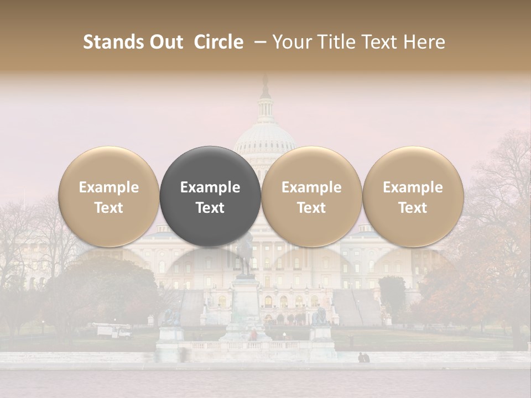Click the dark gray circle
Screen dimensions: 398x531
pos(210,196)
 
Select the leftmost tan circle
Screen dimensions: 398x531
pos(109,196)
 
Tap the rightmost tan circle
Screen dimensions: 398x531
pos(413,196)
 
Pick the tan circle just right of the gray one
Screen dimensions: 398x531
pos(311,196)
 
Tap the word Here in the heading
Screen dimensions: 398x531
pos(426,42)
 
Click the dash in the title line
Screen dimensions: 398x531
pos(258,42)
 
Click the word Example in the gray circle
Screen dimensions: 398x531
pos(210,187)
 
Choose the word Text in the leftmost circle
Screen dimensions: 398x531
pos(109,208)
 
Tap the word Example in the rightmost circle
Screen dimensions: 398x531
pos(413,187)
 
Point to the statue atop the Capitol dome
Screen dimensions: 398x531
pos(265,86)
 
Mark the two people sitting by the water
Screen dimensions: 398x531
pos(363,358)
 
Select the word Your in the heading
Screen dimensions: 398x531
pos(291,42)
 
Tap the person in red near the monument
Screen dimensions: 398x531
pos(253,335)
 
